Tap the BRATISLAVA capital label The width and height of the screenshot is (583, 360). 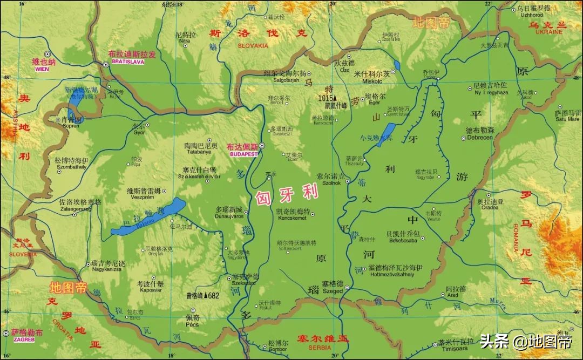coord(127,62)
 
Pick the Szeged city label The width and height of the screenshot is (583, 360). coord(333,290)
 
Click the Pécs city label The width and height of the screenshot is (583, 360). coord(192,324)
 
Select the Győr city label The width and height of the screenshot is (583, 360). coord(139,132)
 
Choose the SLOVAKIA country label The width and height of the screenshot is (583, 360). coord(253,46)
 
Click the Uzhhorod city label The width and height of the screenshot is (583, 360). coord(531,15)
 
